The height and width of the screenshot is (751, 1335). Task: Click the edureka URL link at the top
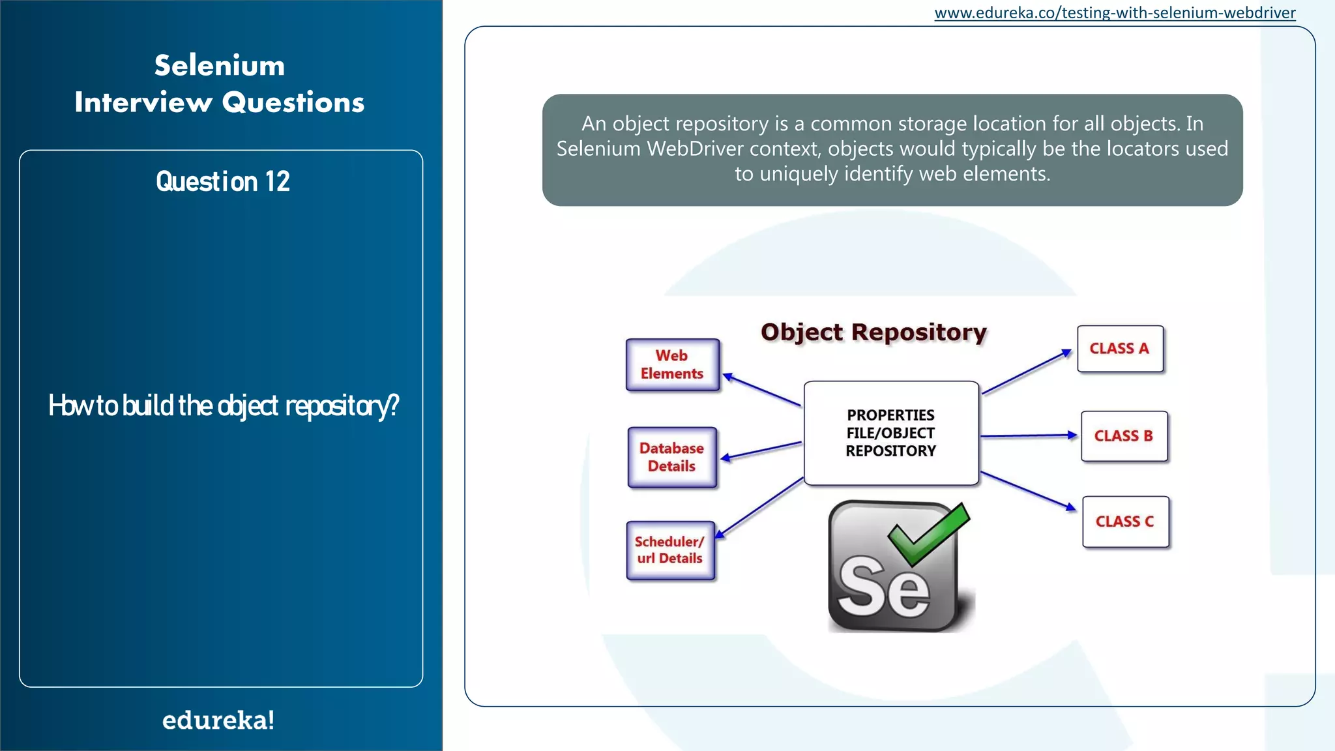1115,13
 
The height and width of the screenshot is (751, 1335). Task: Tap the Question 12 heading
223,181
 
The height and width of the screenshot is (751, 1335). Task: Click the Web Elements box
673,365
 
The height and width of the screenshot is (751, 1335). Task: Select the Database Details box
672,457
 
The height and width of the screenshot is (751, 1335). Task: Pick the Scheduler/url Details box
670,550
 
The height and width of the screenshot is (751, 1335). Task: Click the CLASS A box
1120,349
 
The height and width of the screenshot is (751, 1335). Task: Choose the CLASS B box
1124,436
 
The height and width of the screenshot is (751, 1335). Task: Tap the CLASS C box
1125,522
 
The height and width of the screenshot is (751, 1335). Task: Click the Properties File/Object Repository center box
891,433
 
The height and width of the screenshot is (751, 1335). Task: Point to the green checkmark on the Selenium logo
929,533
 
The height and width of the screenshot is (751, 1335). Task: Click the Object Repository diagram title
873,332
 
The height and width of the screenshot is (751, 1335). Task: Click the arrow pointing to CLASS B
1029,435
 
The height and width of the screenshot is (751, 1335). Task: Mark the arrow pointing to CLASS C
1028,491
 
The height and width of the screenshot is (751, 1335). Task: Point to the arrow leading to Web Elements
762,390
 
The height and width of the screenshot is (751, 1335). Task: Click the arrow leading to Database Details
761,450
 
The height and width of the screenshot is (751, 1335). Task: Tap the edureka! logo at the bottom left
218,720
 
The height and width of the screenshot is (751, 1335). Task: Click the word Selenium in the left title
220,65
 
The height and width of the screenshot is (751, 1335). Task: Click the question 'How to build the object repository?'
224,405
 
